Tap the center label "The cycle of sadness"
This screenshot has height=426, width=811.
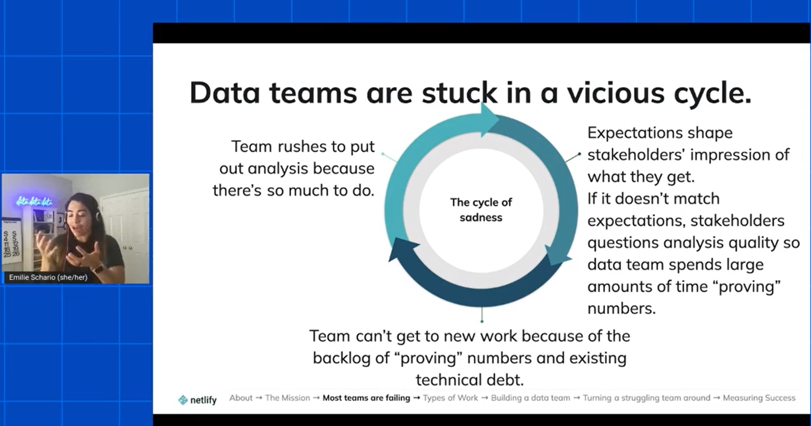(481, 210)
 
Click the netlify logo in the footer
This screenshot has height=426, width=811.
(197, 400)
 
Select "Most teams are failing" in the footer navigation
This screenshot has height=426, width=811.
(366, 398)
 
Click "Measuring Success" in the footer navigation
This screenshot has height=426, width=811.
(759, 398)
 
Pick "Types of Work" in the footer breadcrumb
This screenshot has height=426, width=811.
(450, 398)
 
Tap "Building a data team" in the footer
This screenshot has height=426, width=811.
(530, 398)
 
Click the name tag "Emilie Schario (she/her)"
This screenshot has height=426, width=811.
(48, 277)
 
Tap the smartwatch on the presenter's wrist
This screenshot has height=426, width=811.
(98, 269)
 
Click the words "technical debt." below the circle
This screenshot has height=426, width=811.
(470, 380)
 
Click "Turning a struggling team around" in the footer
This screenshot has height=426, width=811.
(646, 398)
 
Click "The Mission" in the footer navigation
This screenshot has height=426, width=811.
(287, 398)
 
